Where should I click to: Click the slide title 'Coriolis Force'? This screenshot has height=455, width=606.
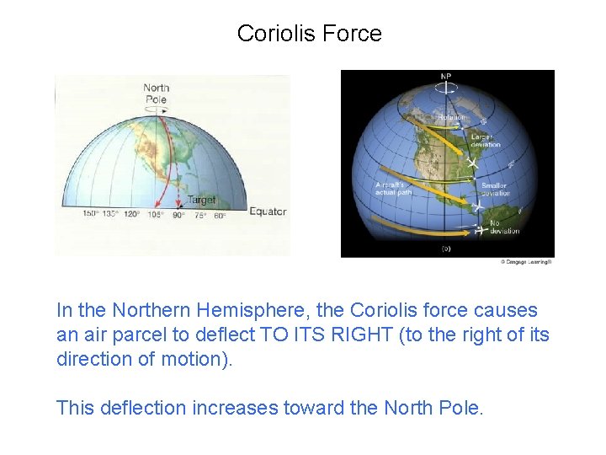click(309, 34)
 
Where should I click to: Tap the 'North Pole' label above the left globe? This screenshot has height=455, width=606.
click(156, 92)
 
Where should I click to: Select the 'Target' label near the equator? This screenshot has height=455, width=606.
click(200, 201)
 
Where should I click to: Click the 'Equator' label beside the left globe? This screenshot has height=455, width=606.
click(268, 211)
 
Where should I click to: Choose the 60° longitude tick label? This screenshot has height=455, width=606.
click(220, 216)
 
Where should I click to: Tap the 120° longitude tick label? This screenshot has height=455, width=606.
click(131, 216)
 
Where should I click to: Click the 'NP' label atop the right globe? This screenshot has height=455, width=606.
click(446, 78)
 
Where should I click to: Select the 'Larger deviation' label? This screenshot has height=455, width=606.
click(486, 139)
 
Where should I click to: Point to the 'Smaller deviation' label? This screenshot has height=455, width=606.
click(495, 189)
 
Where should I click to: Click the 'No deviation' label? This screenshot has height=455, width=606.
click(504, 227)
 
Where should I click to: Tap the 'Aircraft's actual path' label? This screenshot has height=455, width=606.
click(393, 188)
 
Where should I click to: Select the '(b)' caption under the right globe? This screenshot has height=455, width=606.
click(447, 249)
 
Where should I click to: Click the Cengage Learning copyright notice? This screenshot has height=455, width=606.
click(526, 262)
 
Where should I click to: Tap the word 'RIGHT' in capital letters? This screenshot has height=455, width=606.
click(361, 335)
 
